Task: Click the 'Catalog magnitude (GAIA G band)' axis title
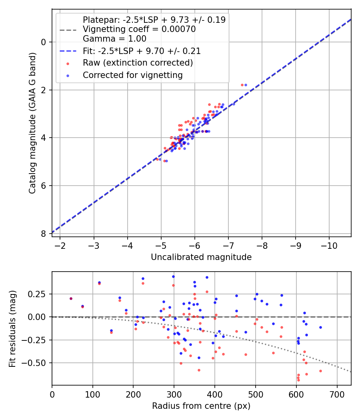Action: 32,123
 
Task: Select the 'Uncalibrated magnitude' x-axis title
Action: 201,257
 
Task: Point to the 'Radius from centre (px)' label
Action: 201,406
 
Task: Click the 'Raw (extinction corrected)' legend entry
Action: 138,63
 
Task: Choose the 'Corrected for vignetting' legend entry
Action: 132,75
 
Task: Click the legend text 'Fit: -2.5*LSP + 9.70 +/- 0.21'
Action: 142,51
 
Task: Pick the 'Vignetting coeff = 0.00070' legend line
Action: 139,29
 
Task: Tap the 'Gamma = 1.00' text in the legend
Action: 114,39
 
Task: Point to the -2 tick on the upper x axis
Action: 60,245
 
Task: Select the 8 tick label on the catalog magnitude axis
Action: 44,234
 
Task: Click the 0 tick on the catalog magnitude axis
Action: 44,42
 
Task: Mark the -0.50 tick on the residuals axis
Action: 38,363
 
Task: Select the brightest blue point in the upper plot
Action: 246,85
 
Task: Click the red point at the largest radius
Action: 320,371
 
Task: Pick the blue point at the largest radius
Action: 320,327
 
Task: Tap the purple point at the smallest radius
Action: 71,298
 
